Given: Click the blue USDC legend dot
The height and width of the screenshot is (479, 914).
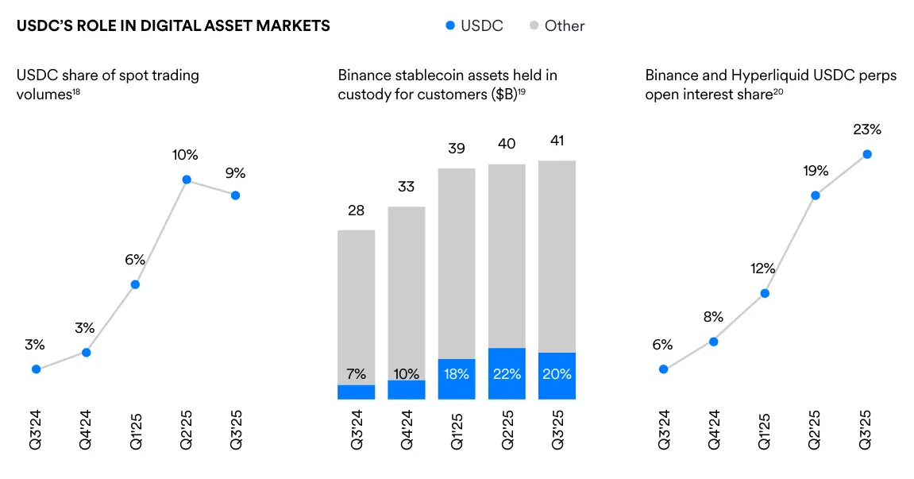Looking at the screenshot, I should pyautogui.click(x=450, y=25).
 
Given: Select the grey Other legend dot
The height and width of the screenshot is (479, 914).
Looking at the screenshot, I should pyautogui.click(x=534, y=25).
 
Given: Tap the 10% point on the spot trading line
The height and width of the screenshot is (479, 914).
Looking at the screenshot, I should pyautogui.click(x=186, y=180).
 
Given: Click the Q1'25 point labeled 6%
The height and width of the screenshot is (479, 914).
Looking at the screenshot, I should pyautogui.click(x=136, y=284).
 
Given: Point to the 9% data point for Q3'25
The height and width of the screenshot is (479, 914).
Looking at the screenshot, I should pyautogui.click(x=235, y=195).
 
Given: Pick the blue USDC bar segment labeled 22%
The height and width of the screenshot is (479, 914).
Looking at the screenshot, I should pyautogui.click(x=507, y=373).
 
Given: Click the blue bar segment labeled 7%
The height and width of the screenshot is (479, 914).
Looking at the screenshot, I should pyautogui.click(x=357, y=392).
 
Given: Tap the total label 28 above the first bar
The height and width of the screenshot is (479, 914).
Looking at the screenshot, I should pyautogui.click(x=356, y=211).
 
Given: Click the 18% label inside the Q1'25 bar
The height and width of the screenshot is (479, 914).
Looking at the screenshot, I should pyautogui.click(x=457, y=373).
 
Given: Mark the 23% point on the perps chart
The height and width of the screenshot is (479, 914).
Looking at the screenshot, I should pyautogui.click(x=866, y=154).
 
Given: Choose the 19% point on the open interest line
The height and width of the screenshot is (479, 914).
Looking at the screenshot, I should pyautogui.click(x=816, y=195).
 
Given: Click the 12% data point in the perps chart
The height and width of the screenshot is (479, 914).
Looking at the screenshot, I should pyautogui.click(x=765, y=293).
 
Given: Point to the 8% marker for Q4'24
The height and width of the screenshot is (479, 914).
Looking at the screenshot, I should pyautogui.click(x=714, y=342).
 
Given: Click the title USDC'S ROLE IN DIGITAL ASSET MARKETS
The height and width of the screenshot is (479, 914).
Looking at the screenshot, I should pyautogui.click(x=173, y=26).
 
